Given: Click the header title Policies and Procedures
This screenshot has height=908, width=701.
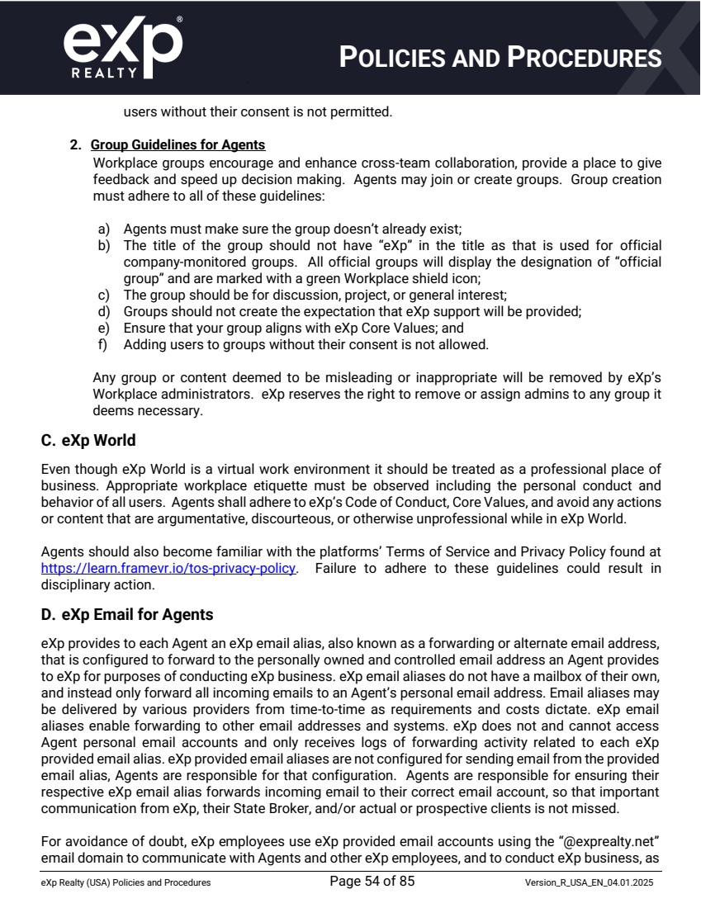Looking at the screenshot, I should [x=501, y=57].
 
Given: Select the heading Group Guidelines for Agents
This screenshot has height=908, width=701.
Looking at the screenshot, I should [x=178, y=145].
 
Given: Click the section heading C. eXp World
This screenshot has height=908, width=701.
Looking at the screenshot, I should [x=88, y=441].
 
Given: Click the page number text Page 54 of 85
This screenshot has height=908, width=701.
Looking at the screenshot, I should [x=372, y=882].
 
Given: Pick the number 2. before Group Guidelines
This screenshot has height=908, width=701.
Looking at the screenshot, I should [x=75, y=145].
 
